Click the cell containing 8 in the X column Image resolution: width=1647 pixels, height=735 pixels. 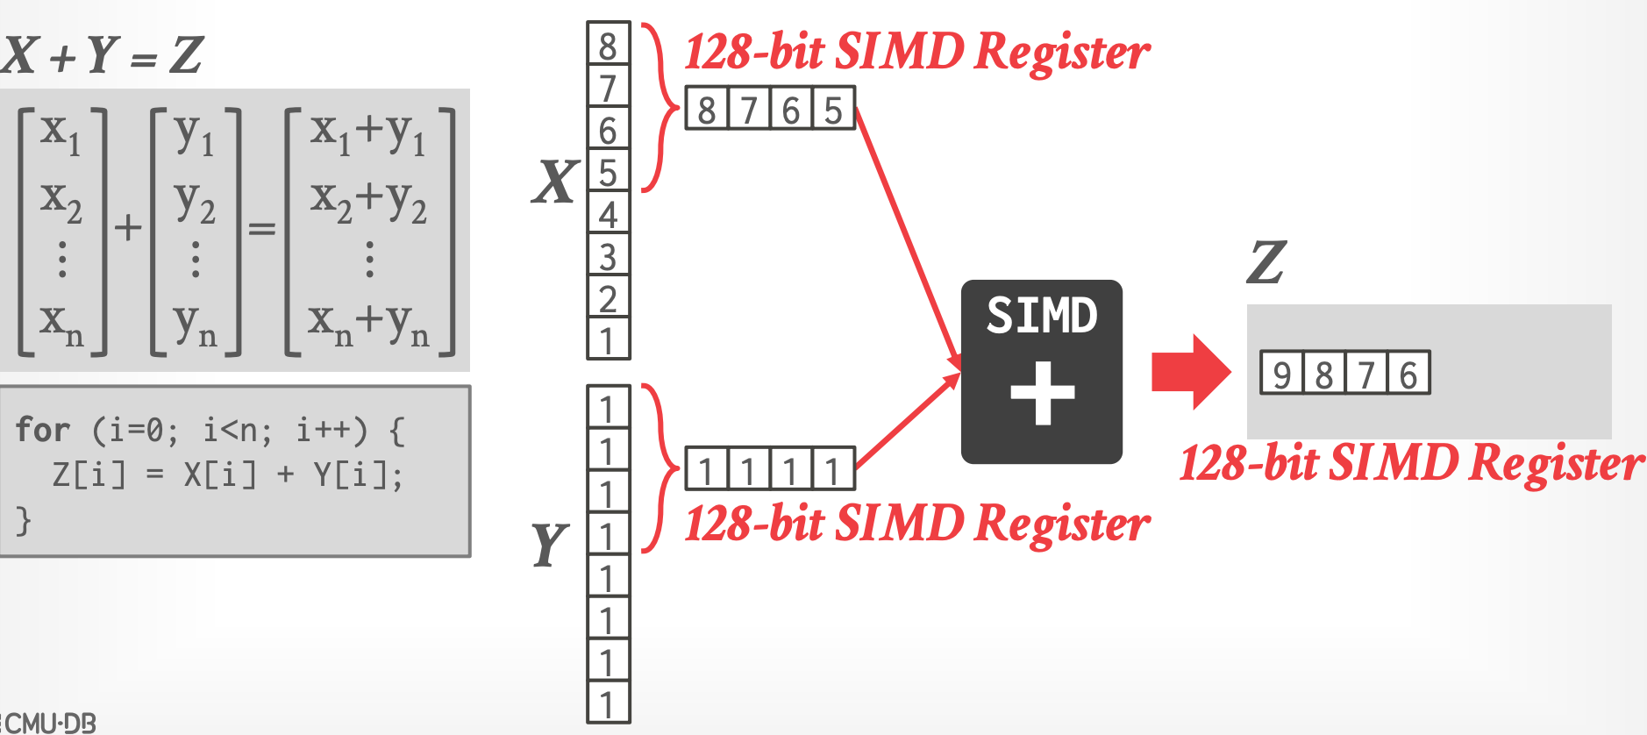[608, 44]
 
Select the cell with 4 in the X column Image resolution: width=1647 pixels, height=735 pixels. [608, 213]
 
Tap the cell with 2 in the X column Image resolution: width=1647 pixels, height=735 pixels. [608, 298]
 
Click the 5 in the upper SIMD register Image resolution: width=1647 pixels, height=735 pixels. [833, 109]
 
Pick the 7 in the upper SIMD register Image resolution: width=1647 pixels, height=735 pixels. [749, 109]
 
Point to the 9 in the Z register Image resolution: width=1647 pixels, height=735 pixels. [1281, 374]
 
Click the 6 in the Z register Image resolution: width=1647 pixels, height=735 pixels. [1408, 374]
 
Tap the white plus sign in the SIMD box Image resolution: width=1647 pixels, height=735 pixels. [1042, 394]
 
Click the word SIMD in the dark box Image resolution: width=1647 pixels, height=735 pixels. [1042, 316]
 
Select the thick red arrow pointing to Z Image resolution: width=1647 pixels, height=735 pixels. [1191, 372]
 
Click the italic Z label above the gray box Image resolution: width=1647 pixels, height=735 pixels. [1266, 262]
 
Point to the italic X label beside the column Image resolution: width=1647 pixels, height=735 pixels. [555, 182]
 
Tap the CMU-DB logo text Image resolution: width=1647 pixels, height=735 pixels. [51, 723]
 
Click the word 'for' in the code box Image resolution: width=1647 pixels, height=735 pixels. [42, 430]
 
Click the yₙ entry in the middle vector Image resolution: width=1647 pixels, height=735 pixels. [195, 325]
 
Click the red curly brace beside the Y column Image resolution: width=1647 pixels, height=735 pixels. [658, 468]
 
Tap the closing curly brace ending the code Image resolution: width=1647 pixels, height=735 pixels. [24, 521]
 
